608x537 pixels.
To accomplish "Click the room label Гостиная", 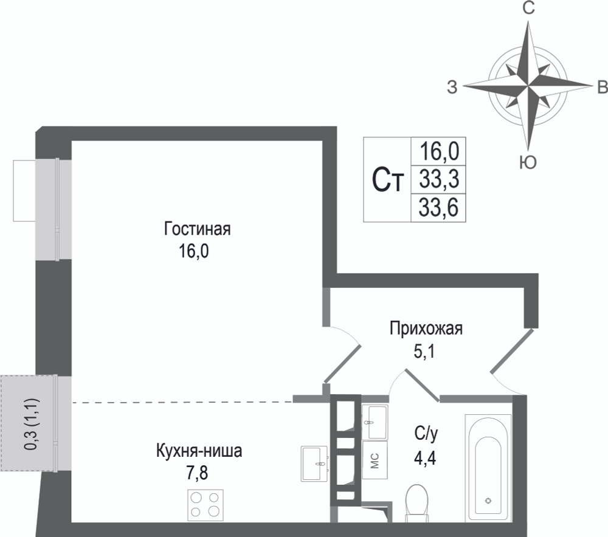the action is pos(198,229).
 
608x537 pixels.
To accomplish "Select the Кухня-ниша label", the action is pos(199,451).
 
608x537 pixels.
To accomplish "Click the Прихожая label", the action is pos(426,329).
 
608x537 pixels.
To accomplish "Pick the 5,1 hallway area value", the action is pos(424,352).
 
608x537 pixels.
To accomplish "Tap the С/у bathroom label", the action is pos(426,434).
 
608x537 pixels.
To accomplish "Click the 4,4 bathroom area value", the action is pos(425,459).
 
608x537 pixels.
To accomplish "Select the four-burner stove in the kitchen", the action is pos(206,505).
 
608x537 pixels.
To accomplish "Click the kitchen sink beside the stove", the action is pos(314,463).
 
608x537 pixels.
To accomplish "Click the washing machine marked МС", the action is pos(375,460).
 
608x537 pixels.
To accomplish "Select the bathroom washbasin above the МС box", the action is pos(375,422).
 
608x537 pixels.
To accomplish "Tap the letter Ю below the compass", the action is pos(528,162).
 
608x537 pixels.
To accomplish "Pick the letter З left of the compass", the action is pos(452,87).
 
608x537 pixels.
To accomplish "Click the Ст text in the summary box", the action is pos(388,180).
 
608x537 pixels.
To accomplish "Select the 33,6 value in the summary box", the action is pos(439,208).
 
